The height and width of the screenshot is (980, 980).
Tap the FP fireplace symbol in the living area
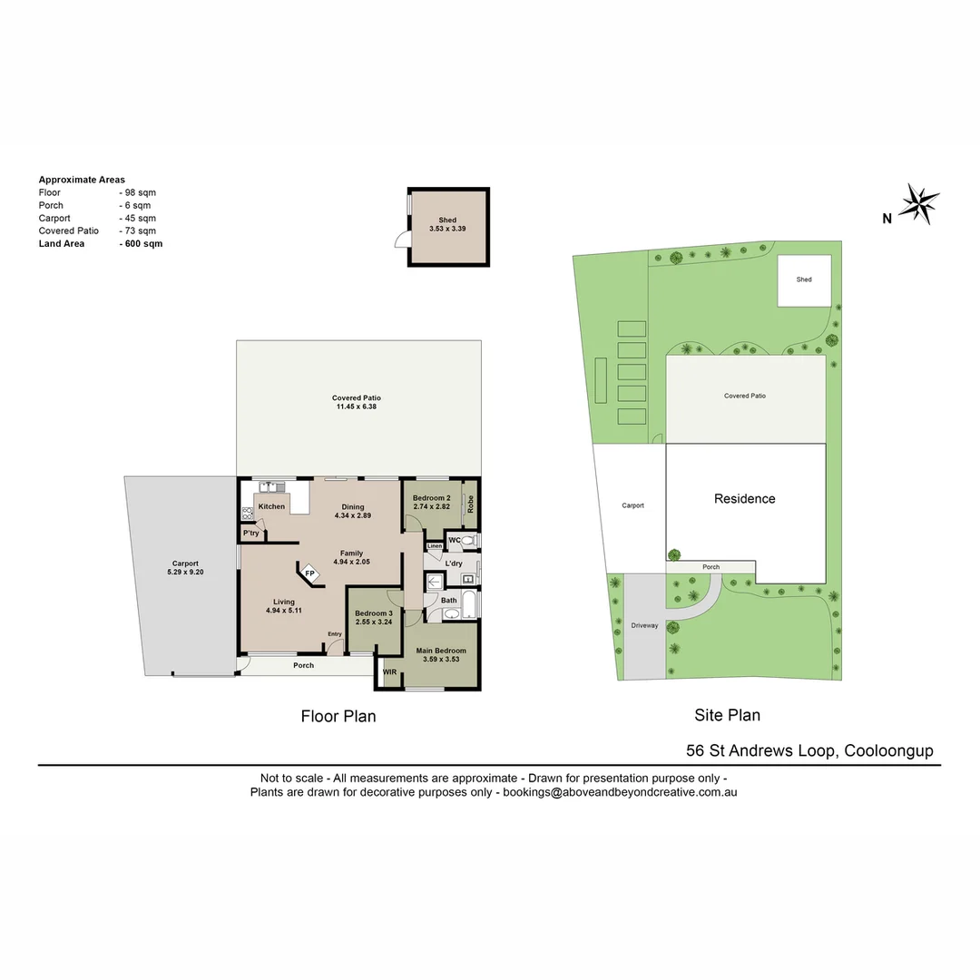pos(309,574)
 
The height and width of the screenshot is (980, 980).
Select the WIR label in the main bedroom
pos(390,672)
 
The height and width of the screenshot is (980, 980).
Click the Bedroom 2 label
pos(431,498)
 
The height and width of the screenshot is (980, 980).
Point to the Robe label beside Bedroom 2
pos(470,505)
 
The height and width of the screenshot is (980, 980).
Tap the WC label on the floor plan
pos(454,541)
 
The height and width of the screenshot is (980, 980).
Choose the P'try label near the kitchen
pos(251,534)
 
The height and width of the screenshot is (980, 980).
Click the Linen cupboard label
pos(435,546)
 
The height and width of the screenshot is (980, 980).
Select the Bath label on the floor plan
pos(448,601)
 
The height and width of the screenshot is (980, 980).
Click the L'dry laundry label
pos(454,563)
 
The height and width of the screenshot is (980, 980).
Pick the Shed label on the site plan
pos(804,279)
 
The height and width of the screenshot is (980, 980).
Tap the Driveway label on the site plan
pos(644,626)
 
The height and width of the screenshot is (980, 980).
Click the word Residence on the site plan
pos(744,498)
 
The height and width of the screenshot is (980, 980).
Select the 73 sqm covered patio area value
pos(141,231)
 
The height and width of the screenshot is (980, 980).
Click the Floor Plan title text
pos(338,717)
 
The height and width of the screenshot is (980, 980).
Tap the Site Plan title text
pos(727,715)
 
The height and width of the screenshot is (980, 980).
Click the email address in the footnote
pos(620,792)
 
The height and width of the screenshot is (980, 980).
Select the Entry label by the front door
pos(335,634)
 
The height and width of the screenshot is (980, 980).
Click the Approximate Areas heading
pos(82,180)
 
